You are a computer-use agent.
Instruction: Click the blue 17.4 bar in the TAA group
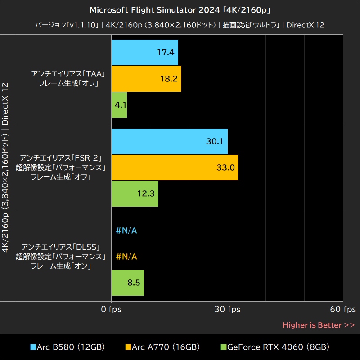point(144,52)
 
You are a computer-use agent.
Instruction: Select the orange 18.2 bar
point(146,79)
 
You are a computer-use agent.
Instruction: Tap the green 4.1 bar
point(119,105)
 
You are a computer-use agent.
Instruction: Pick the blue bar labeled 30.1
point(169,141)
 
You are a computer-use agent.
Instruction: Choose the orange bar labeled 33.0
point(175,167)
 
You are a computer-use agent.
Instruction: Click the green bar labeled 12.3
point(135,193)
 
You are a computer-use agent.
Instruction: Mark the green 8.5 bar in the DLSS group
point(127,283)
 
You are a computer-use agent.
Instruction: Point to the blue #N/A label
point(126,231)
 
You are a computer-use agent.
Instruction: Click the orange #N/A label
point(126,256)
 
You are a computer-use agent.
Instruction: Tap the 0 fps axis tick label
point(111,309)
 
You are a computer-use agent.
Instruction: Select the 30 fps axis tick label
point(227,309)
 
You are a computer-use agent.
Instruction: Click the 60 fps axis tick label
point(343,309)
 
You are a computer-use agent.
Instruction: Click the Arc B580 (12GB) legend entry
point(67,347)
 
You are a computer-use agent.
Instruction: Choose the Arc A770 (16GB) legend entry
point(162,347)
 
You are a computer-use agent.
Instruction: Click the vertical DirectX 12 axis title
point(5,103)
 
